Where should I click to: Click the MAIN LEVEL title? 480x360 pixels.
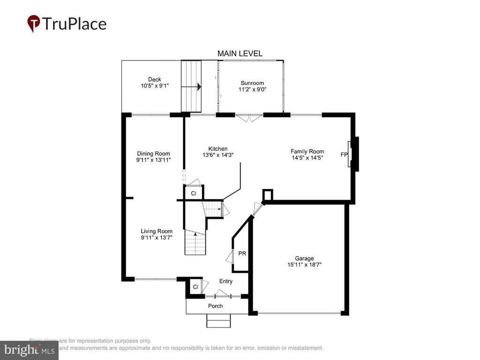point(240,54)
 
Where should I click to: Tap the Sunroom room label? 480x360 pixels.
point(252,83)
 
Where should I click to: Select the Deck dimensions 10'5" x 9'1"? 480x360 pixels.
point(154,86)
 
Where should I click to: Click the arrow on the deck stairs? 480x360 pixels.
point(199,87)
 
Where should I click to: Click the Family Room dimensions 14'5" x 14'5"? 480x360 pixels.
point(307,157)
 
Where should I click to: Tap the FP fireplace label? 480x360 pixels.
point(344,154)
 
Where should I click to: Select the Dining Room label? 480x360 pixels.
point(153,153)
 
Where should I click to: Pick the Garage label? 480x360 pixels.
point(304,258)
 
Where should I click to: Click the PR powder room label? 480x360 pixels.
point(242,254)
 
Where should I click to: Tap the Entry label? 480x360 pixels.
point(226,281)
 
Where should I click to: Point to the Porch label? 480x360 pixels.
point(216,306)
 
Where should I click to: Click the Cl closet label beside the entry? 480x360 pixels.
point(195,286)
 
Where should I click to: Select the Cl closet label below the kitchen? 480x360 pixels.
point(193,193)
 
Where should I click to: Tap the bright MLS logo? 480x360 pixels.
point(29,350)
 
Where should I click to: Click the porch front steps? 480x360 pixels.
point(218,321)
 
